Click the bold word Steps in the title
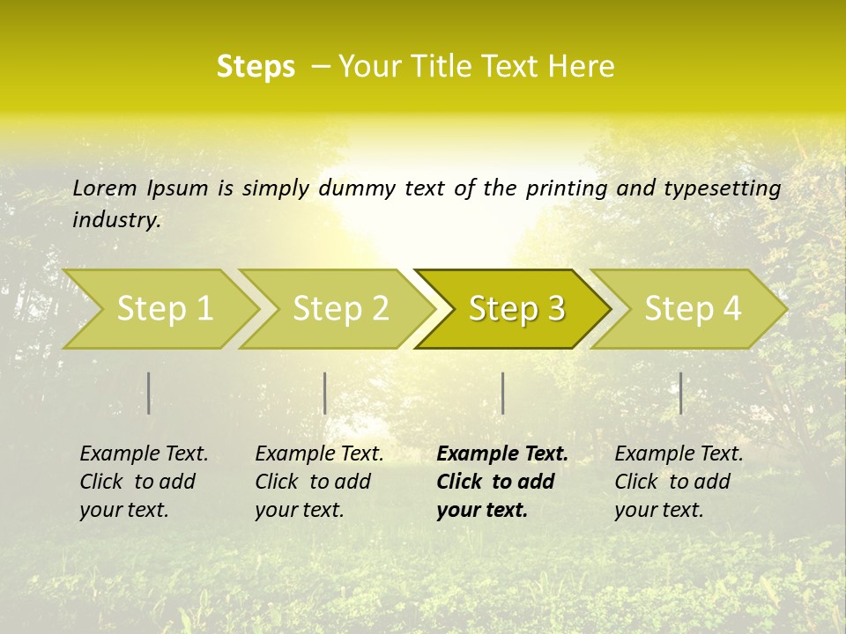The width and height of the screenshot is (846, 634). pos(256,66)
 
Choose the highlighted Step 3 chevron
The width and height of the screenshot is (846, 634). pos(516,309)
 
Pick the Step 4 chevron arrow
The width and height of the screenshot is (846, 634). pos(693,309)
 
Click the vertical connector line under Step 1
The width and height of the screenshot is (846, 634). pos(149,393)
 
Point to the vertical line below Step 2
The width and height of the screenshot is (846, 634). pos(325,393)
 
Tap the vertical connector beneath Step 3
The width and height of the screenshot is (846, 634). pos(503,393)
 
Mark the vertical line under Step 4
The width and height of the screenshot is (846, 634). pos(681,393)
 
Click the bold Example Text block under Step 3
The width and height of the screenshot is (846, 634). pos(502,482)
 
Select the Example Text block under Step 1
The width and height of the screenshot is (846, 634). pos(144,482)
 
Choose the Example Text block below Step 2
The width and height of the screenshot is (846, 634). pos(319,482)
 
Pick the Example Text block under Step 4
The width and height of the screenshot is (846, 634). pos(679,482)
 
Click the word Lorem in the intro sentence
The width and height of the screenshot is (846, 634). pos(105,188)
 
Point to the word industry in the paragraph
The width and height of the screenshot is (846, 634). pos(115,220)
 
